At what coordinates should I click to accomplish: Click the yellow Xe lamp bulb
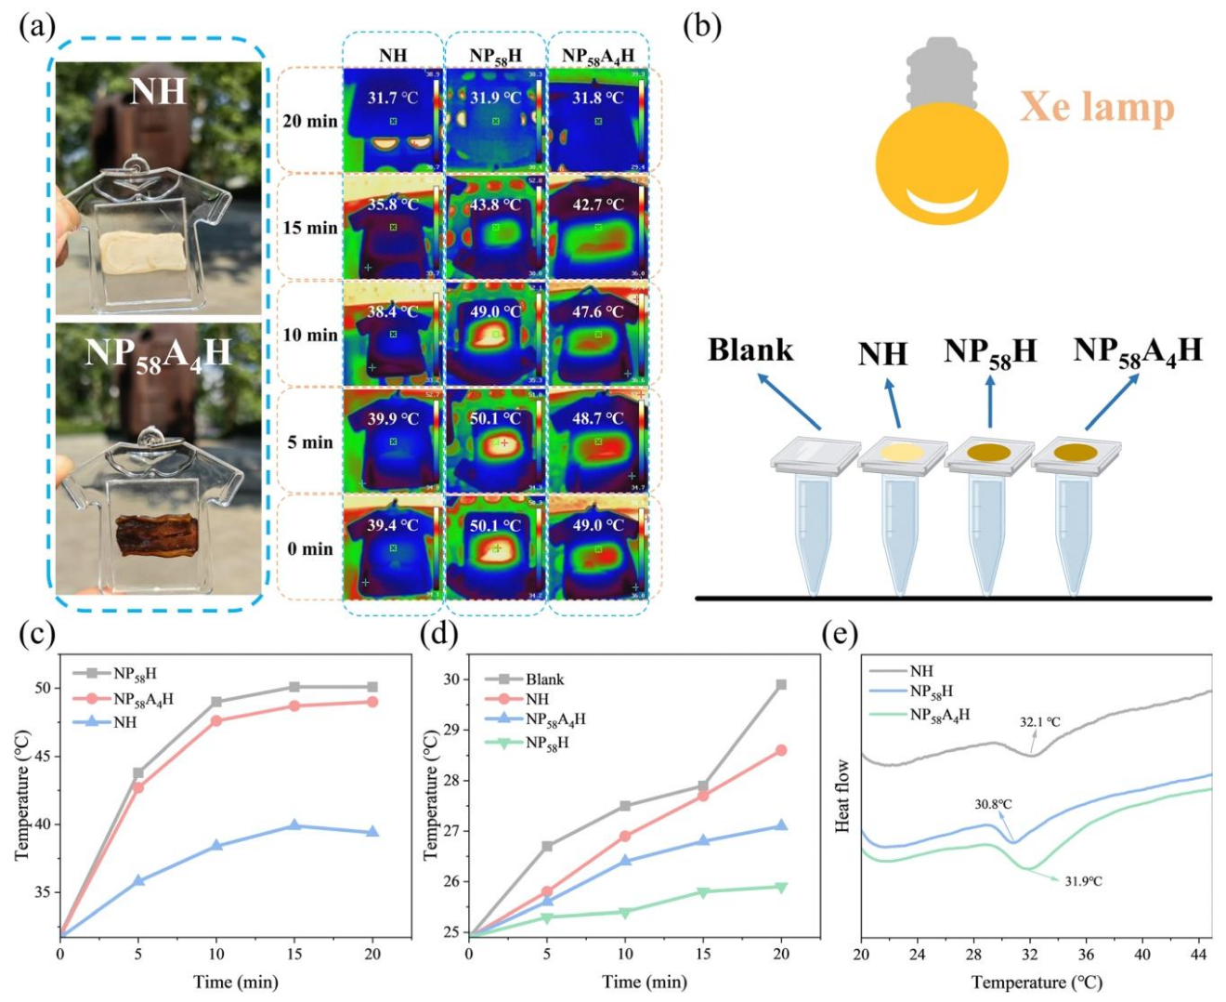942,162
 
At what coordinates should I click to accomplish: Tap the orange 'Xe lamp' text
1097,107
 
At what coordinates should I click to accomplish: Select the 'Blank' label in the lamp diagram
750,350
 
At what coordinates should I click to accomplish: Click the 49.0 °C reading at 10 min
496,311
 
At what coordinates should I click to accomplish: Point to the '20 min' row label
310,121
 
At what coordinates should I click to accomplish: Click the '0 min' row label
310,548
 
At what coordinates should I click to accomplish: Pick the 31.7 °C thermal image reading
393,97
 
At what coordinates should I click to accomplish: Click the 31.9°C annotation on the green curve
1083,880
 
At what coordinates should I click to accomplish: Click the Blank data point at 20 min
781,685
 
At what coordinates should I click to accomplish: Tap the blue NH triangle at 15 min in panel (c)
294,825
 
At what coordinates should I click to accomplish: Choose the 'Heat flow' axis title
843,796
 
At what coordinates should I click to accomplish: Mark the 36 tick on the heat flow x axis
1087,955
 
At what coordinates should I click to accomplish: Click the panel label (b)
702,26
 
